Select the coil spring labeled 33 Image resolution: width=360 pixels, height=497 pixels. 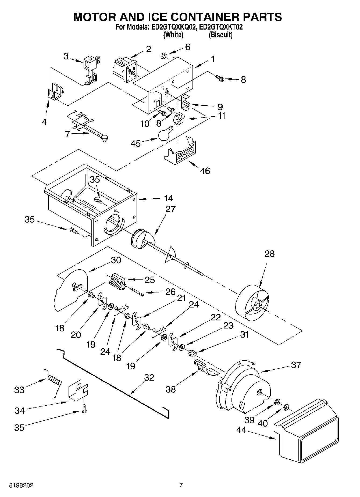pos(55,381)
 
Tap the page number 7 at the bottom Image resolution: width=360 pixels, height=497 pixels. pos(181,485)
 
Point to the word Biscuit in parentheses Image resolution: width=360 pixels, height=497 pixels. pos(220,35)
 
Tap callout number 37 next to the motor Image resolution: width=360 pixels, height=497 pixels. pos(296,365)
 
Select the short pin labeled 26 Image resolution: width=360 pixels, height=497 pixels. pos(137,292)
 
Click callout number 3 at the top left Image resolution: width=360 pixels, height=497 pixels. pos(66,56)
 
